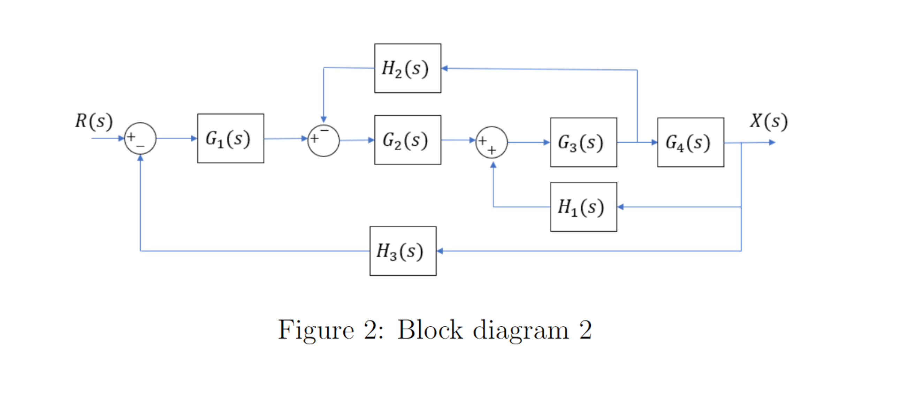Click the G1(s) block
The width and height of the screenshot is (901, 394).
230,138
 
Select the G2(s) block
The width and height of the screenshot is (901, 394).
407,140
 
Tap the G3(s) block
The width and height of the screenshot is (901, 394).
583,142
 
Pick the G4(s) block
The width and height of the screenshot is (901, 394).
690,142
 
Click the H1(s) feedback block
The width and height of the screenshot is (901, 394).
583,207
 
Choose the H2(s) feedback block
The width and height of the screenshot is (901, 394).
407,68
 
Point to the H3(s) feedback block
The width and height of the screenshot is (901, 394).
403,251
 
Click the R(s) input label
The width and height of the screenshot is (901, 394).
94,121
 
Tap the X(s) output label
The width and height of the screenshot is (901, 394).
769,121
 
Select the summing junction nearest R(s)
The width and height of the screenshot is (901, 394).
140,138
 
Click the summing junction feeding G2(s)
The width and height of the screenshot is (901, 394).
323,141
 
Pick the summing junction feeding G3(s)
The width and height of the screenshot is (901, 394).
492,142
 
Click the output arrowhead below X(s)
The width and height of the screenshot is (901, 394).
772,142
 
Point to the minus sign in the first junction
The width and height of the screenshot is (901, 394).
140,146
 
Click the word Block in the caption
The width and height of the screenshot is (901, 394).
430,330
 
